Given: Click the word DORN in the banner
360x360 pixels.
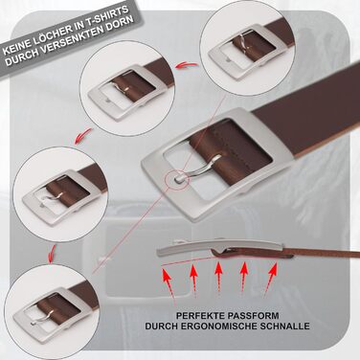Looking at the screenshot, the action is tap(121, 21).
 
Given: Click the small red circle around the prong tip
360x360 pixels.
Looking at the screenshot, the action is tap(178, 179).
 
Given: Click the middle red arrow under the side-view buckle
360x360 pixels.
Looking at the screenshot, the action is tap(218, 276).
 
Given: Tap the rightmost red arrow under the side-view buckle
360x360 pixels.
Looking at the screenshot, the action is tap(270, 278).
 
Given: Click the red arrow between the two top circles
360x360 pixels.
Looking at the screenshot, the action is tap(187, 65).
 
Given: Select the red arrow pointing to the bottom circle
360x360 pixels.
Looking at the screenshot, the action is tap(52, 253).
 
